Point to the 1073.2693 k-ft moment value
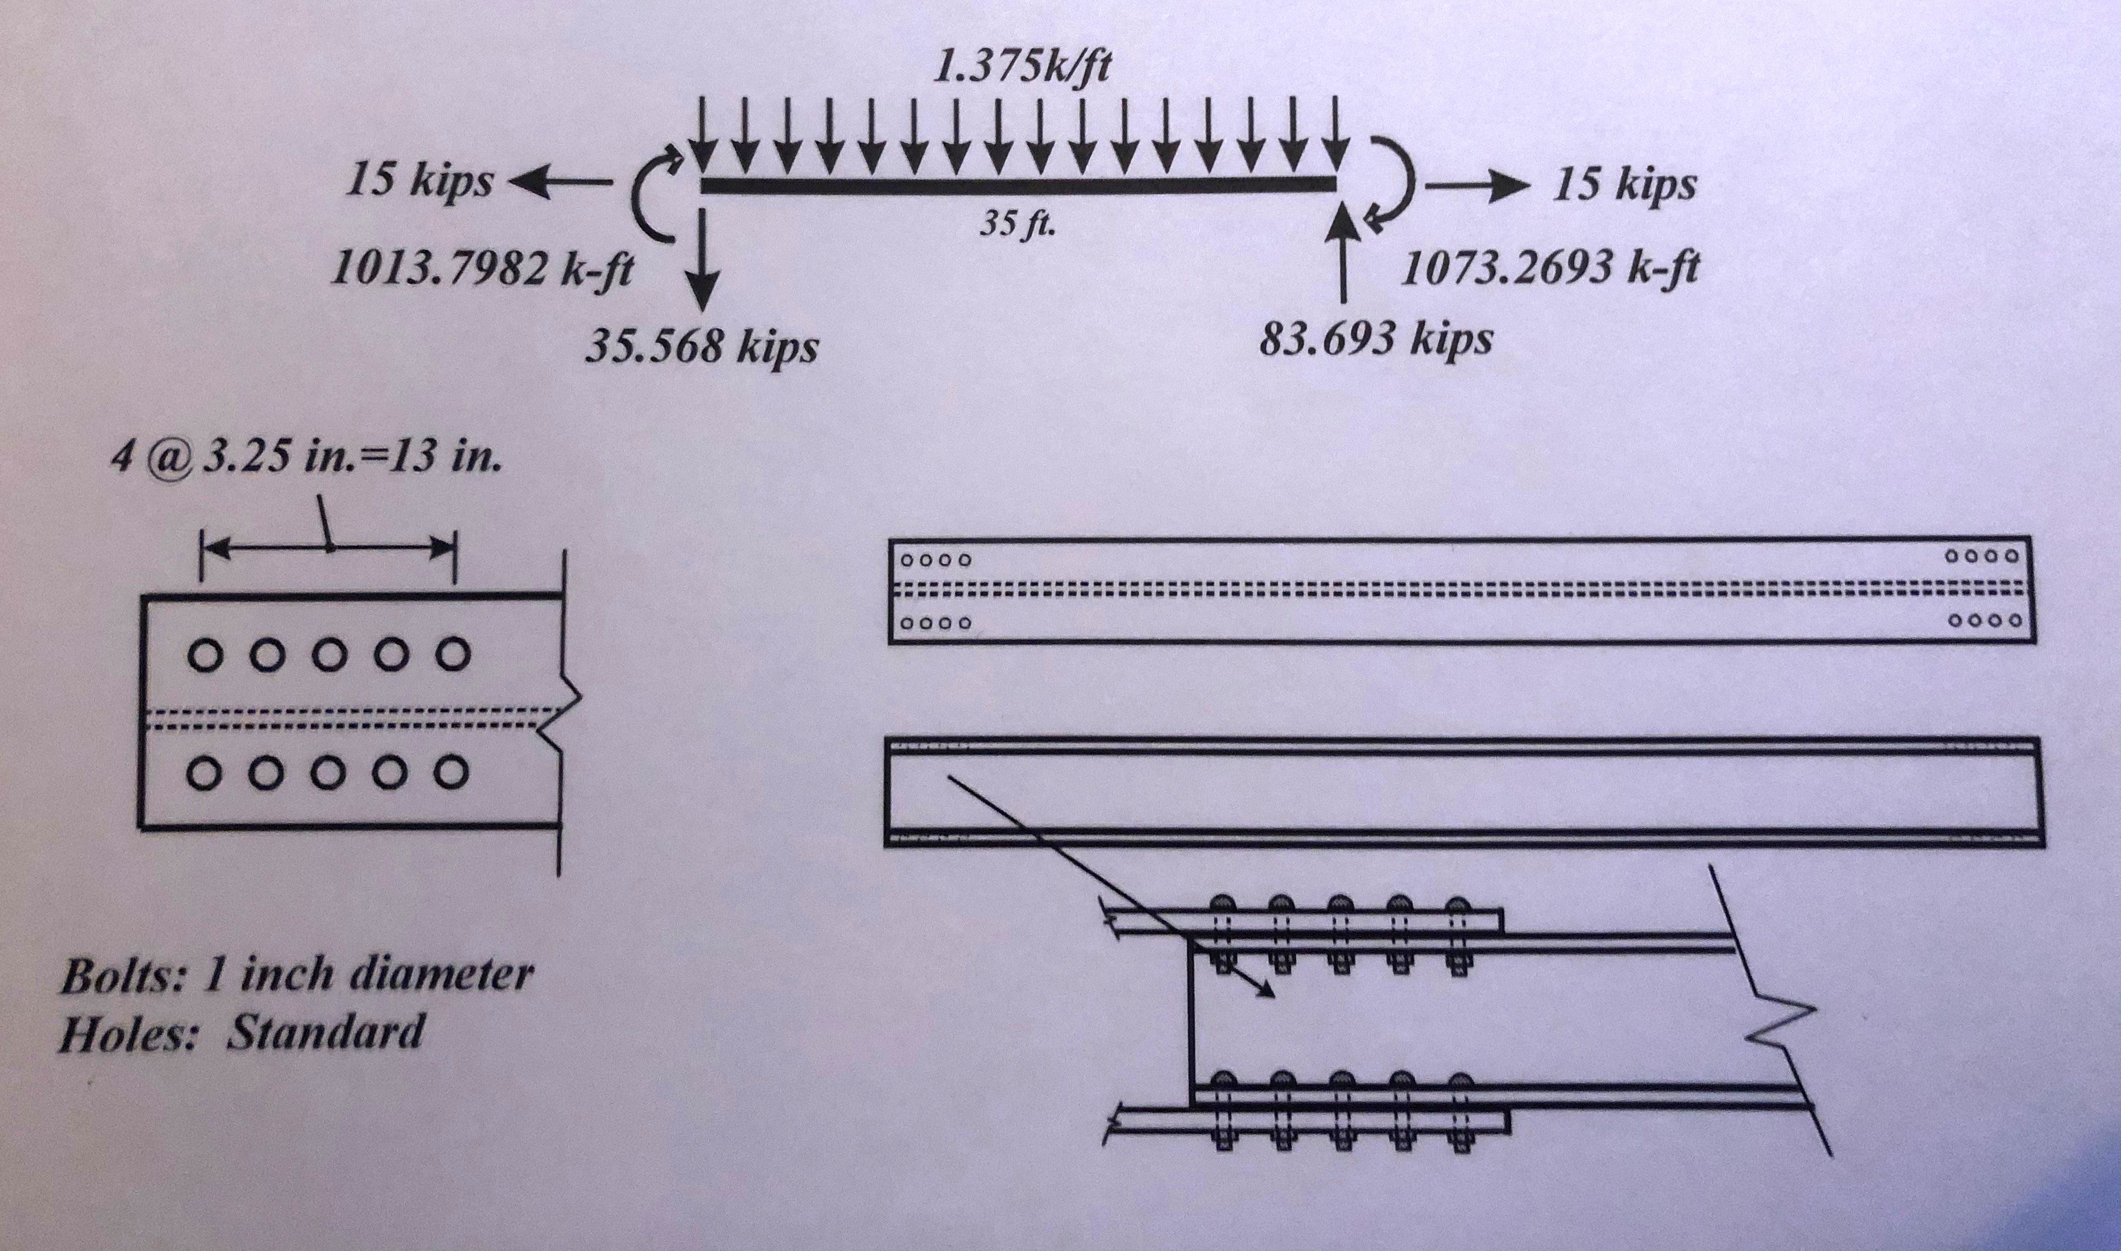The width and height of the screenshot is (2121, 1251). coord(1549,269)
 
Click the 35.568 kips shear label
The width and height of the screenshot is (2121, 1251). coord(701,346)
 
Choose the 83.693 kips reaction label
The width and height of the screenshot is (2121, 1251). coord(1376,339)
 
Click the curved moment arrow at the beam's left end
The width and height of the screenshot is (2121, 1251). coord(655,195)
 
